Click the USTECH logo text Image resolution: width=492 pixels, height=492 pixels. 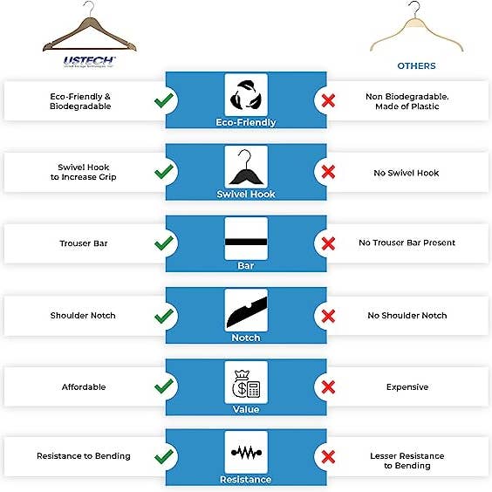(90, 61)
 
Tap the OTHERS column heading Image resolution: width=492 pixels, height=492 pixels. (416, 65)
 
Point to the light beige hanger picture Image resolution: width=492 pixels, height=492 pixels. (414, 31)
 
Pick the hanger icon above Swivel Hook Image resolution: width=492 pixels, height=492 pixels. (245, 166)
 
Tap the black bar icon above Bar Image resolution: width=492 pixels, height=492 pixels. (245, 239)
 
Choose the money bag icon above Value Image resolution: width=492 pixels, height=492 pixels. (245, 381)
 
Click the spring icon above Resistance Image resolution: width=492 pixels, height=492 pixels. (245, 453)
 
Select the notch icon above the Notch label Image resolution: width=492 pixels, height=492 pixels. (245, 310)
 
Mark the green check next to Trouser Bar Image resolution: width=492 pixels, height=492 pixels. (162, 243)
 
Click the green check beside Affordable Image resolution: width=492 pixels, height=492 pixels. (162, 386)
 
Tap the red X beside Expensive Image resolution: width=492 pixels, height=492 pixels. (329, 386)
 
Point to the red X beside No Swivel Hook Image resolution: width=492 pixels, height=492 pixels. (329, 173)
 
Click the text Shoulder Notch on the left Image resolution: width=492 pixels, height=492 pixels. (83, 316)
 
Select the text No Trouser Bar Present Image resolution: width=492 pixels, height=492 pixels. (407, 243)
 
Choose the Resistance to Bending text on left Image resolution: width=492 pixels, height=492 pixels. (84, 456)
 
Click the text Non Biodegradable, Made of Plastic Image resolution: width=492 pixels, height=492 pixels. (407, 100)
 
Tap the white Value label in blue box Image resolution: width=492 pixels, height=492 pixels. (245, 408)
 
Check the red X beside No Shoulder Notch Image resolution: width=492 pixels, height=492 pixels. (329, 316)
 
